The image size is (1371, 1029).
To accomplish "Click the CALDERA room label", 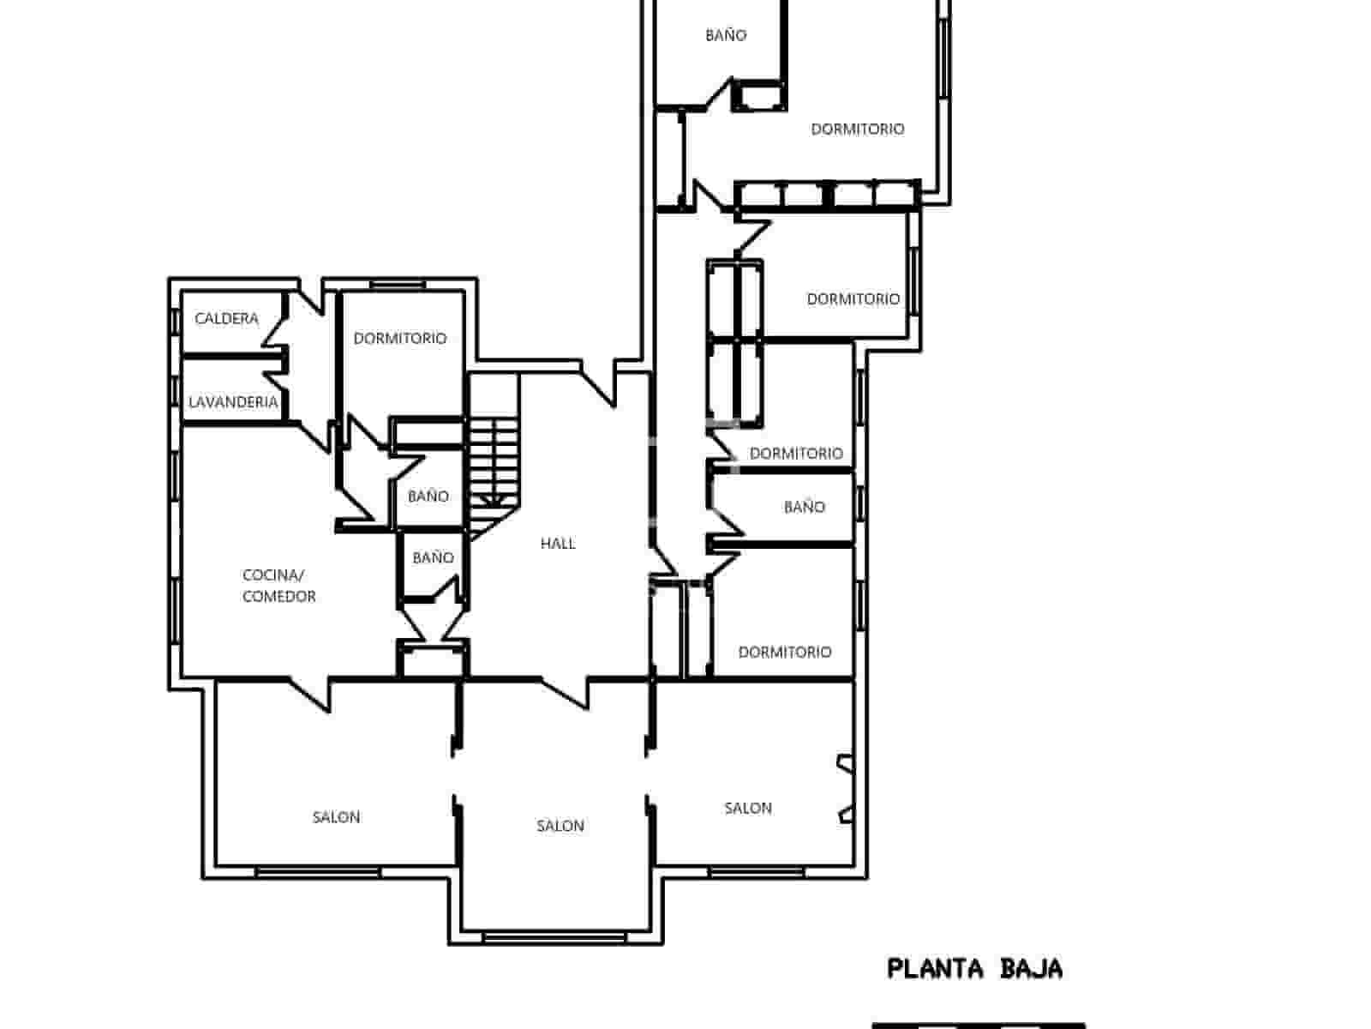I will [x=226, y=319].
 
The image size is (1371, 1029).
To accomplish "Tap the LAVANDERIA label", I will [x=233, y=402].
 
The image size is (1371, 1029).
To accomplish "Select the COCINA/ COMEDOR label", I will [x=278, y=586].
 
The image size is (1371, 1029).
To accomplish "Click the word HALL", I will [x=558, y=544].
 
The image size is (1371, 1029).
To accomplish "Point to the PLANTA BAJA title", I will [x=974, y=969].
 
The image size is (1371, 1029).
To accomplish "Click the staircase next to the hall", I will [x=494, y=463].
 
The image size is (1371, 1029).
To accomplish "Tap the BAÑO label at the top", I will [x=726, y=35].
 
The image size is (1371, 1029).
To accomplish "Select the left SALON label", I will [x=336, y=817].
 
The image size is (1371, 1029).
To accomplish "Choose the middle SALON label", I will [x=560, y=826].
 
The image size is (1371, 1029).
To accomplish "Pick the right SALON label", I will [x=748, y=808].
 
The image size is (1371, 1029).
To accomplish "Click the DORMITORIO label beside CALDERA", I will [x=400, y=339].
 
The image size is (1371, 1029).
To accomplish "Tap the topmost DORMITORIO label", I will [x=857, y=129].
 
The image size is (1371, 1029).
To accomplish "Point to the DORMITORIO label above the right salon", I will [x=784, y=653].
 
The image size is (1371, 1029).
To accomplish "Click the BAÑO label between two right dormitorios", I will [x=804, y=508].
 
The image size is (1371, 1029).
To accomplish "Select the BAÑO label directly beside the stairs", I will [x=428, y=496].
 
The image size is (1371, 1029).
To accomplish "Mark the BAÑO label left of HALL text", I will [x=433, y=558].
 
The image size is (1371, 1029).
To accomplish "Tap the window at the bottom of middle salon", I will [x=554, y=938].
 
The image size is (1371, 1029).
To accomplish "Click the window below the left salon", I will [x=318, y=872].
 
